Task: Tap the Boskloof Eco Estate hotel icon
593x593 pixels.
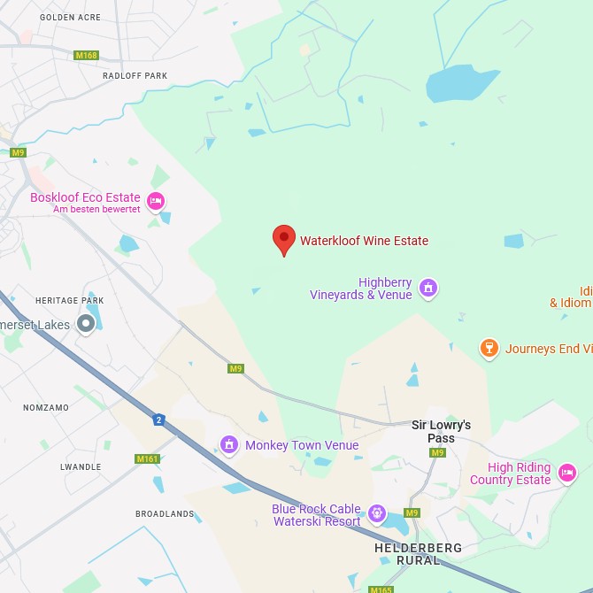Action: [156, 202]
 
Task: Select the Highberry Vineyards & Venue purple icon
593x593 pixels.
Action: [428, 288]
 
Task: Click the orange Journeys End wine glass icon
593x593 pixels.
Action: [489, 349]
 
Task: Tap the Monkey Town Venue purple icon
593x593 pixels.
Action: [229, 444]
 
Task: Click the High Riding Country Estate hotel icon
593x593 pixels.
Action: [567, 473]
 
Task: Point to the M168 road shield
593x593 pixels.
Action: [86, 56]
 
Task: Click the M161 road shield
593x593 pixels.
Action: [147, 459]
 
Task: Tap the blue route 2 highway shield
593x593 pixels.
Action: [158, 420]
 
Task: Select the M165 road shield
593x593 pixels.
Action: [381, 589]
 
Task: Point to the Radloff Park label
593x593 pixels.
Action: [135, 76]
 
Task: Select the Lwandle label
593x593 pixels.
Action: [81, 466]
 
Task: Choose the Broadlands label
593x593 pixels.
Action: [165, 513]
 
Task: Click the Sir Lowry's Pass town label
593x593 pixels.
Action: [441, 431]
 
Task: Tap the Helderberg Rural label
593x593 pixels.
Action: [418, 553]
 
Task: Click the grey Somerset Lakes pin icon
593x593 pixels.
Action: [86, 324]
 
